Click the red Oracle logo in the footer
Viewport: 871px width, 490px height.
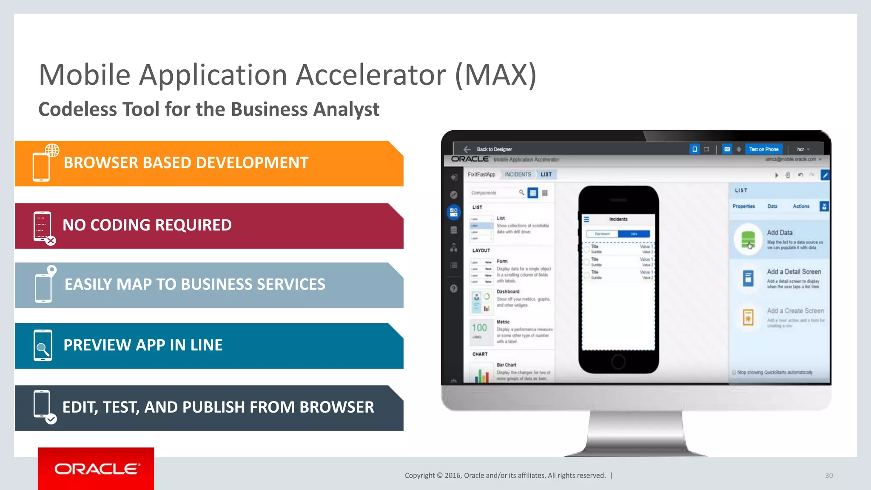pyautogui.click(x=96, y=469)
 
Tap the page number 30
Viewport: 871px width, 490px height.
pyautogui.click(x=829, y=476)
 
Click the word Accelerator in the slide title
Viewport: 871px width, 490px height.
pyautogui.click(x=370, y=75)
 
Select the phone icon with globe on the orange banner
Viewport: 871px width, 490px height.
pyautogui.click(x=44, y=163)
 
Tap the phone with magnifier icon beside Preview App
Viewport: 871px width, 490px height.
pyautogui.click(x=43, y=345)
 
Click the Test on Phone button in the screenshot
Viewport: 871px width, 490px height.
pyautogui.click(x=764, y=149)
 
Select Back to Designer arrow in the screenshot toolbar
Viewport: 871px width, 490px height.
pyautogui.click(x=467, y=149)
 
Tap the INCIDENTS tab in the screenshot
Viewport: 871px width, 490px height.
pyautogui.click(x=518, y=174)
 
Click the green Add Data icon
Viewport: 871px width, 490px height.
pyautogui.click(x=748, y=239)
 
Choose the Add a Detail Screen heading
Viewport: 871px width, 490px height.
pyautogui.click(x=794, y=272)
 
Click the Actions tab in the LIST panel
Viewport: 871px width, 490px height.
pyautogui.click(x=801, y=206)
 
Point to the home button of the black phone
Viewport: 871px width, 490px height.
pyautogui.click(x=618, y=362)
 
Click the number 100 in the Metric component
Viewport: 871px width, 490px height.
pyautogui.click(x=479, y=328)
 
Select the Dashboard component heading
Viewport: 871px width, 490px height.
pyautogui.click(x=508, y=292)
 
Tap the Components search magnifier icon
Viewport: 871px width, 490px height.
pyautogui.click(x=521, y=193)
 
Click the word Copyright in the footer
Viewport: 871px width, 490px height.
pyautogui.click(x=419, y=476)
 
